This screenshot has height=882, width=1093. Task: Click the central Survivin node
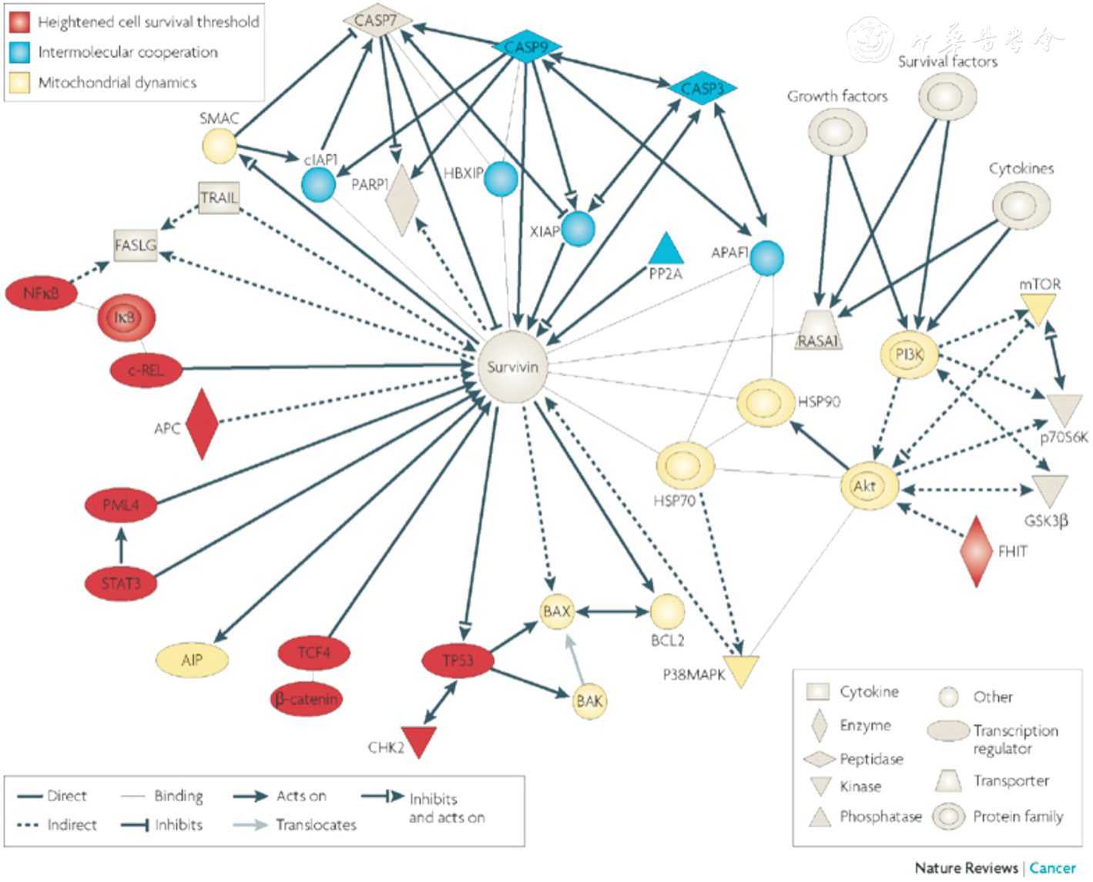point(512,367)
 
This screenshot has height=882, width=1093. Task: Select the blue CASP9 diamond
point(527,48)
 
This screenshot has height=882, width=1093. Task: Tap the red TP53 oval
point(458,660)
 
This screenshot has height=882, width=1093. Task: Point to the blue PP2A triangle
point(666,249)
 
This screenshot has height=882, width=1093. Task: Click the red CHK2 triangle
point(419,740)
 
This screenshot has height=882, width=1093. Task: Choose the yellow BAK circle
point(589,701)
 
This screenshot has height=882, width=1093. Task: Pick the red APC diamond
point(203,424)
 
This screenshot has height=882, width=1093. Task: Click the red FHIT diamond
point(976,552)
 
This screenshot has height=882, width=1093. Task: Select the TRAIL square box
point(219,198)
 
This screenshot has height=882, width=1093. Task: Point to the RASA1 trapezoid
point(818,330)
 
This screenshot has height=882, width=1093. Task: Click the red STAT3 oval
point(121,583)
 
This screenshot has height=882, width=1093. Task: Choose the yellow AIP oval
point(192,660)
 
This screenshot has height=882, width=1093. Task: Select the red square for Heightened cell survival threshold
point(20,22)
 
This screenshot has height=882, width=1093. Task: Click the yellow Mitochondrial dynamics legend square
point(20,82)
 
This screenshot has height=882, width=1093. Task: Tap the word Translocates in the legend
point(316,825)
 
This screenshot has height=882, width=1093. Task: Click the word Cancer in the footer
point(1052,868)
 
